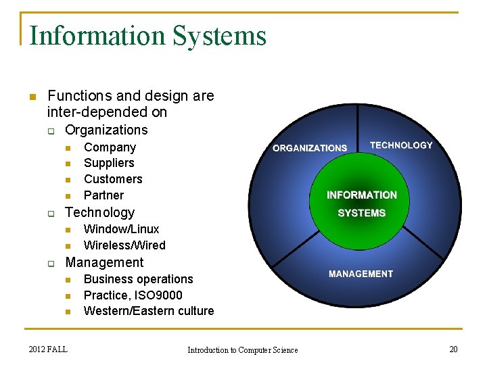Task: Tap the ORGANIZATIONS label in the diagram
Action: (x=310, y=148)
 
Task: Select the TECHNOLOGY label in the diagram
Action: (x=401, y=145)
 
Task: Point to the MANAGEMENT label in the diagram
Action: (x=361, y=274)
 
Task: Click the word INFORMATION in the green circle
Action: (x=362, y=195)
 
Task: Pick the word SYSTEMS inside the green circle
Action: (x=362, y=213)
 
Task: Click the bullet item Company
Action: (x=110, y=147)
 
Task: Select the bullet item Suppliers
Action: (x=109, y=163)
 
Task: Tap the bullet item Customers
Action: (x=113, y=179)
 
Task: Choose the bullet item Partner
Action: (x=103, y=195)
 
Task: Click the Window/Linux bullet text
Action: (x=121, y=229)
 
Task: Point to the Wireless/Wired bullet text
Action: (x=124, y=245)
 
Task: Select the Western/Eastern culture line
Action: (x=149, y=311)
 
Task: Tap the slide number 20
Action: (x=453, y=349)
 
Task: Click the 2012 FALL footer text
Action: (x=48, y=349)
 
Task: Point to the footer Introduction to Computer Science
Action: (x=242, y=349)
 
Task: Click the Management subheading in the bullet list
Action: (x=104, y=262)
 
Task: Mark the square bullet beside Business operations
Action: (x=68, y=280)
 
